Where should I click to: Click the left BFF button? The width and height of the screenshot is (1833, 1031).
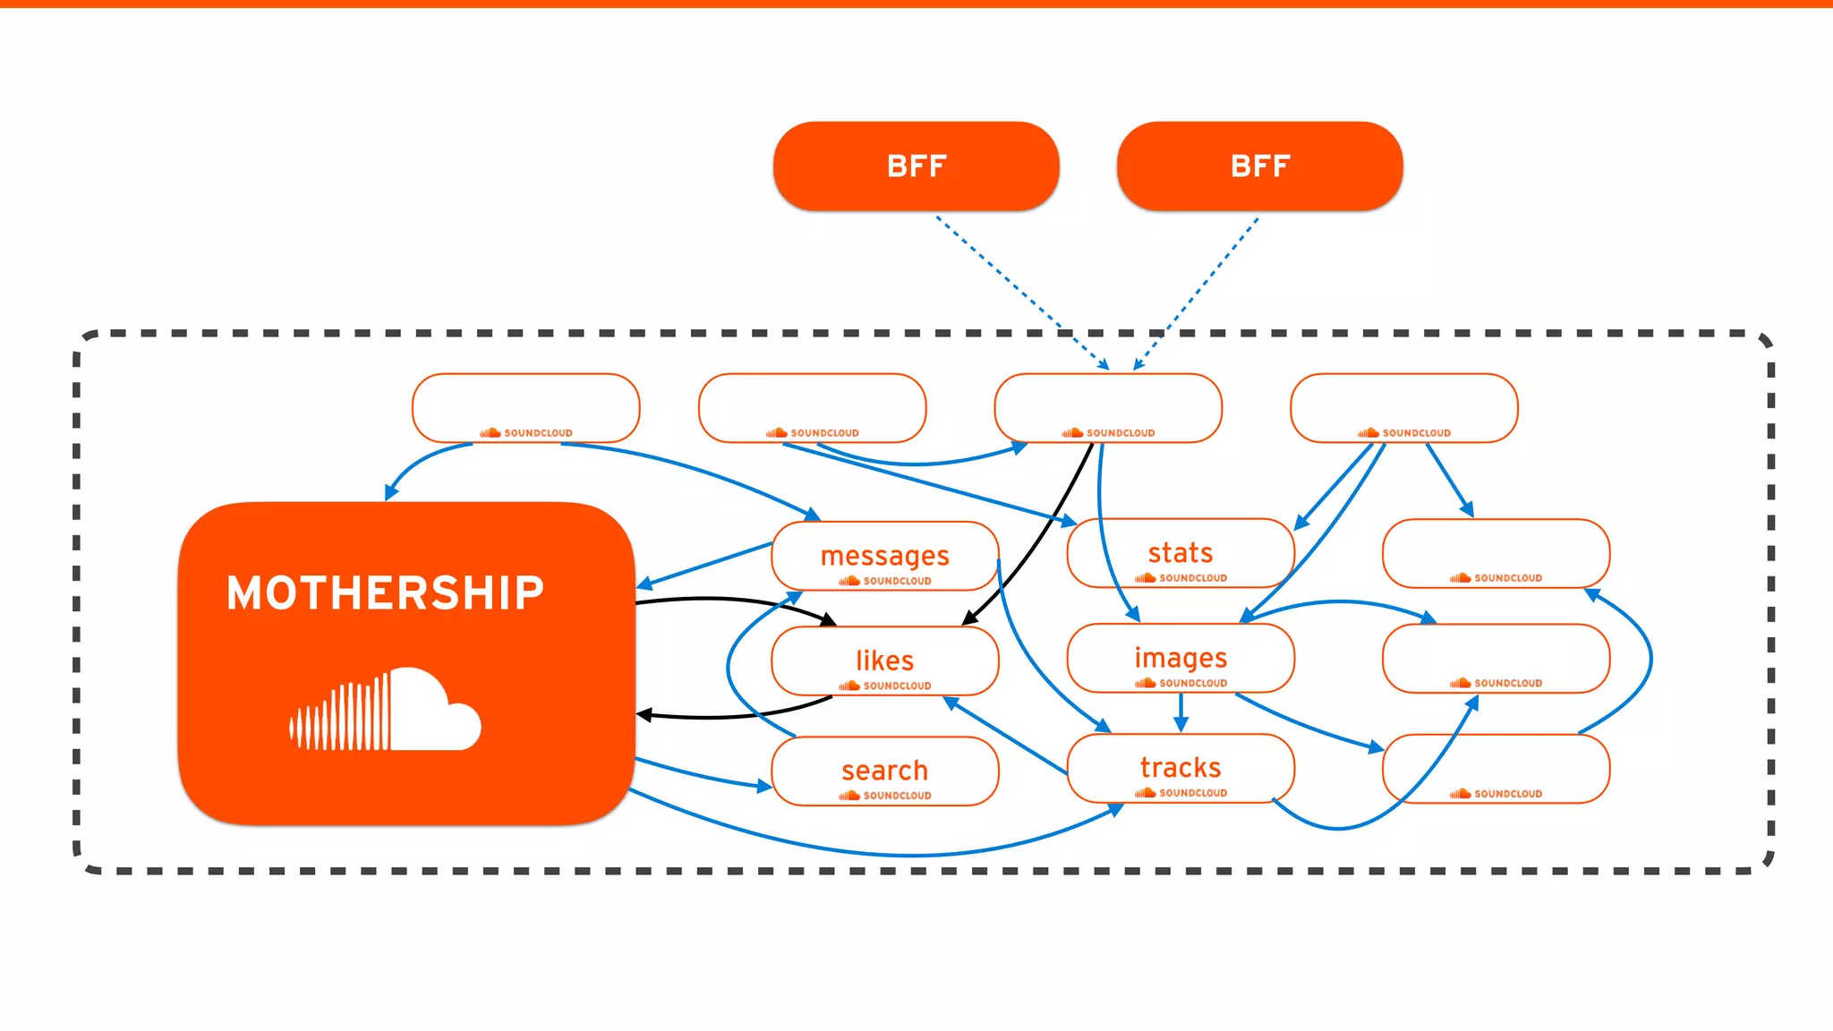coord(916,166)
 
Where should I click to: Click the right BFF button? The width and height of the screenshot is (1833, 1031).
coord(1259,166)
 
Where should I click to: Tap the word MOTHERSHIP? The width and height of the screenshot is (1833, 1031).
coord(385,592)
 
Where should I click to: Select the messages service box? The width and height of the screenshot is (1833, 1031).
coord(884,556)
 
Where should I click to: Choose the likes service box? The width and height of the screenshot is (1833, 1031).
coord(884,660)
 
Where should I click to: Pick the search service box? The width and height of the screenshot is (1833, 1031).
coord(884,771)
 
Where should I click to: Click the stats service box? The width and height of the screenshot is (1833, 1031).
coord(1180,552)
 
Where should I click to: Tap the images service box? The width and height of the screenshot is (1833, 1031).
coord(1180,658)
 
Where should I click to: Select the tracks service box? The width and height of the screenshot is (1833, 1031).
coord(1180,768)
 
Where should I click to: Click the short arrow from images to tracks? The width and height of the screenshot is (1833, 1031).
coord(1181,711)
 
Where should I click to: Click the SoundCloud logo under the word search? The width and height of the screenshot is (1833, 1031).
coord(884,795)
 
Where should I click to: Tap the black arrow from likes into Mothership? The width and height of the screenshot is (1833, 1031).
coord(734,717)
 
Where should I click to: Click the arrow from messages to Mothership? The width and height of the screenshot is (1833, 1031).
coord(707,565)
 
